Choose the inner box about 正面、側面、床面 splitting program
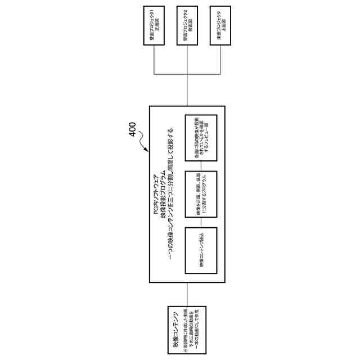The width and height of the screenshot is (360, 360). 201,195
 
